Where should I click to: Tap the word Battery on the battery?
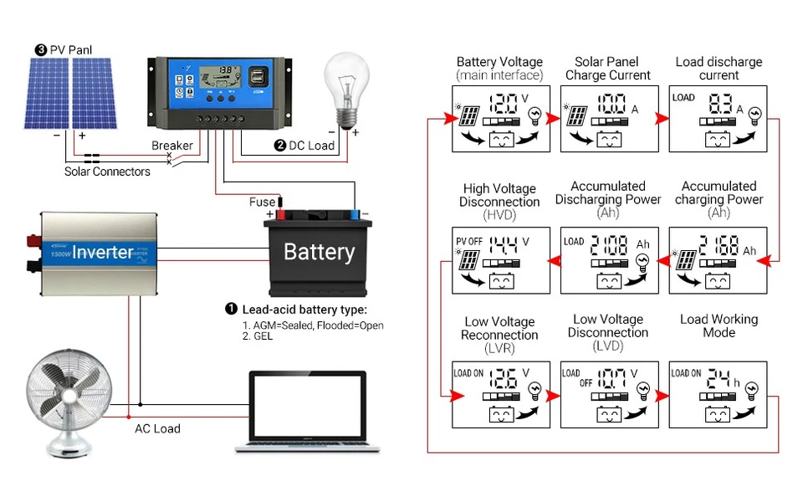319,252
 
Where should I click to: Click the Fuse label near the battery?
262,202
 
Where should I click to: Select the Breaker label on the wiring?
171,146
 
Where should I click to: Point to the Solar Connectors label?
107,172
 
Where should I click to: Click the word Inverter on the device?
102,252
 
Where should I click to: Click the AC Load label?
157,428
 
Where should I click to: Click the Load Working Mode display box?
718,394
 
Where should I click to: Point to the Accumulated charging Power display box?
718,260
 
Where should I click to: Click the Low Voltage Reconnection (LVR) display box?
500,394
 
